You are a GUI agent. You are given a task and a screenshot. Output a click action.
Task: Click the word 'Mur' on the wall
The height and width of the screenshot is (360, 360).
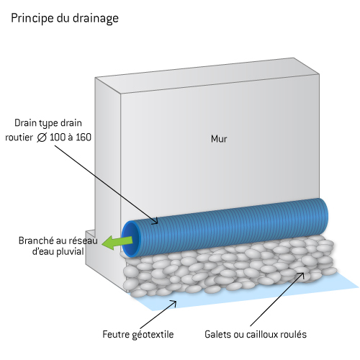[x=219, y=139]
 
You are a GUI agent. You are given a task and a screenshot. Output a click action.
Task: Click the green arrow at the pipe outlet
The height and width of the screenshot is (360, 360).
[x=117, y=242]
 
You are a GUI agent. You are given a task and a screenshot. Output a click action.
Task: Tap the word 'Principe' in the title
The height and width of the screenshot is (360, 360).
[x=32, y=18]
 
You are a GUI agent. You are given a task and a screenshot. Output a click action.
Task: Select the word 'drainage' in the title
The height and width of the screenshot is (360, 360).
[x=96, y=19]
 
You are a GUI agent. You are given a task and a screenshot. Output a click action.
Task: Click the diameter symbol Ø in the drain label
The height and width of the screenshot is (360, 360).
[x=42, y=138]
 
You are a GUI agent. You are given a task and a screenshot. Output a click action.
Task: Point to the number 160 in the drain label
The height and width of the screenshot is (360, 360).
[x=84, y=138]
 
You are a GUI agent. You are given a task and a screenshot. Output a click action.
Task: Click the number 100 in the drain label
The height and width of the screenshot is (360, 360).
[x=58, y=138]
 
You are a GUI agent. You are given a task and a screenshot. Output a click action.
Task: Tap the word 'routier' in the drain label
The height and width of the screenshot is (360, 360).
[x=19, y=138]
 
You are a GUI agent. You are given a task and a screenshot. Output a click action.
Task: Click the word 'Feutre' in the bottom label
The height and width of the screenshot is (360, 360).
[x=114, y=334]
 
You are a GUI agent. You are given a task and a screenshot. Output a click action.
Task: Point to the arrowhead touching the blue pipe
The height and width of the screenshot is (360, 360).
[x=156, y=221]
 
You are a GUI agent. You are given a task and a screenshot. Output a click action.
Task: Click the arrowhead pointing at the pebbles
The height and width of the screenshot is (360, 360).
[x=301, y=275]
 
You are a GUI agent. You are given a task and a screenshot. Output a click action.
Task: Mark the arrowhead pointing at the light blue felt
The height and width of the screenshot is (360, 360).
[x=174, y=303]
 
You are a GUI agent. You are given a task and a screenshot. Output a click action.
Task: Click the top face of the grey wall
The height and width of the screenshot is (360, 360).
[x=207, y=76]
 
